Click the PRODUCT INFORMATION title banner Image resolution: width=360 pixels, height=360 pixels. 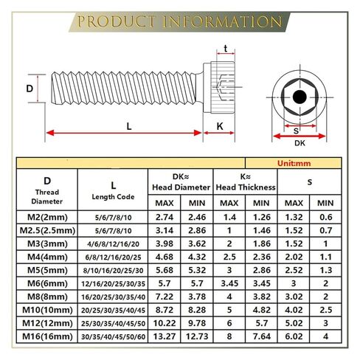click(x=179, y=21)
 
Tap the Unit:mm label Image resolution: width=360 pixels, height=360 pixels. click(x=294, y=163)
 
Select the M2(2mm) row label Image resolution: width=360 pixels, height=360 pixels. click(x=47, y=217)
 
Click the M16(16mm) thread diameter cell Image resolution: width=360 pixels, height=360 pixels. click(x=47, y=336)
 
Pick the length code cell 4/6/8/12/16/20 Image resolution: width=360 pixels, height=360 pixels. click(x=113, y=244)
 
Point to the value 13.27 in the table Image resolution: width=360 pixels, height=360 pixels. click(x=165, y=336)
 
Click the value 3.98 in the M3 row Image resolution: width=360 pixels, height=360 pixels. click(x=165, y=243)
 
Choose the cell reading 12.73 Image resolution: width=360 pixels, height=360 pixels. click(x=197, y=336)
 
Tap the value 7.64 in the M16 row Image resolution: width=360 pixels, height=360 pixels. click(x=262, y=336)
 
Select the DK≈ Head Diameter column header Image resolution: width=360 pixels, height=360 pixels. click(x=181, y=182)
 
